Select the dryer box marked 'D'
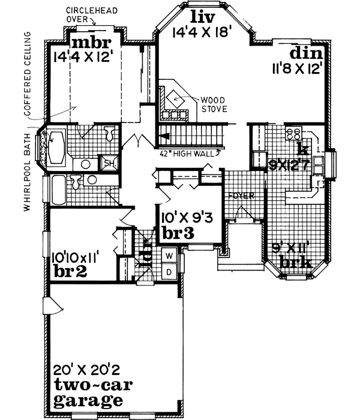coord(169,272)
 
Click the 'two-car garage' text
coord(88,392)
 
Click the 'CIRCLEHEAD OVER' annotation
coord(90,15)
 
